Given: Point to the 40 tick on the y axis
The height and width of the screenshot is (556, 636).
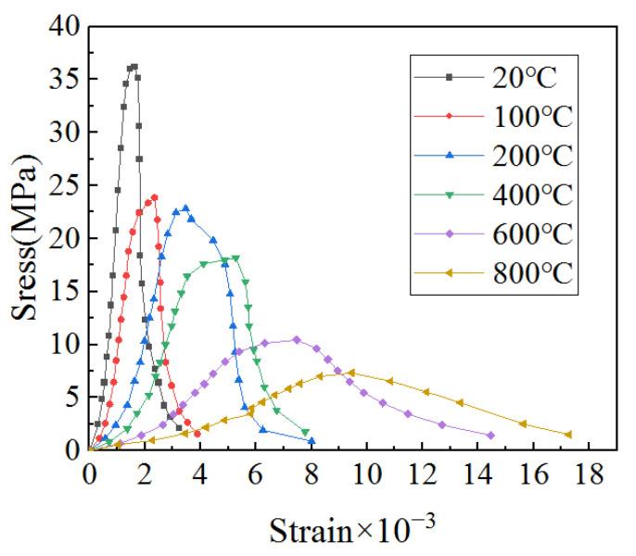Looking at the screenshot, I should coord(62,28).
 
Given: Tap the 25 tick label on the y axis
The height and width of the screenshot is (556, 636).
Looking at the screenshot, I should coord(62,186).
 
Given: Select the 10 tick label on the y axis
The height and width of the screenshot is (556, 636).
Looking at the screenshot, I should coord(62,345).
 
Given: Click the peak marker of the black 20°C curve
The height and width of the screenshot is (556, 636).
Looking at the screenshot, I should coord(134,67).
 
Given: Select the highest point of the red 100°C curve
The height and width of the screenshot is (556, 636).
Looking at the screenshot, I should coord(154,197).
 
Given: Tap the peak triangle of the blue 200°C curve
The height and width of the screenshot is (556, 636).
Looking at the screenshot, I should coord(185,208).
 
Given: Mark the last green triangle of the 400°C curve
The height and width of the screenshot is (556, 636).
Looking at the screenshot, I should coord(306,432).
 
